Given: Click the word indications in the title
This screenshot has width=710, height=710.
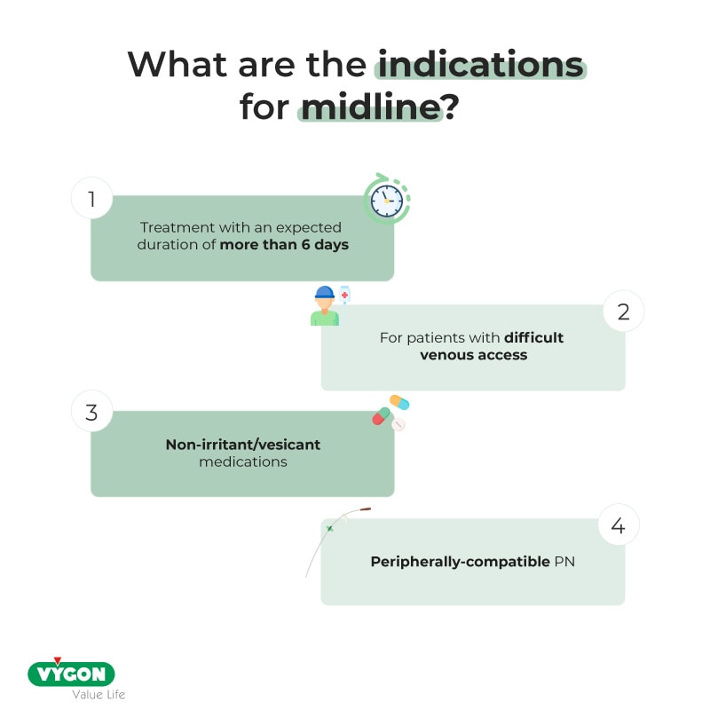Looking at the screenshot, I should [480, 65].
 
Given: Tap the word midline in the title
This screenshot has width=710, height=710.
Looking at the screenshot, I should [370, 106].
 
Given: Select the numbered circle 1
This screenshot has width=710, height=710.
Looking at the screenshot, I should [91, 200].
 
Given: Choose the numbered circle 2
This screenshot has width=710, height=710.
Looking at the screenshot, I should [623, 312].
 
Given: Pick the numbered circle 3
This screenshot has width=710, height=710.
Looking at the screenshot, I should [91, 413].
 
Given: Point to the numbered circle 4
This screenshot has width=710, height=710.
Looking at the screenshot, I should [619, 526].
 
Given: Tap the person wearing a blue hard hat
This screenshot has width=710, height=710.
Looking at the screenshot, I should [325, 306].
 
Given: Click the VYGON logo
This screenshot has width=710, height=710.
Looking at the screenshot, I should [71, 674].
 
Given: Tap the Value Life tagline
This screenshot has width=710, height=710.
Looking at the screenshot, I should [98, 694].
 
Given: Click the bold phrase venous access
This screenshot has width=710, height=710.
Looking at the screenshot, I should [487, 355].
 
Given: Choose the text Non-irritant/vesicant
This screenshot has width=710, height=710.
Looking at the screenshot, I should [242, 445].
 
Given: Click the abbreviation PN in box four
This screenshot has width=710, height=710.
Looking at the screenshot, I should [564, 562].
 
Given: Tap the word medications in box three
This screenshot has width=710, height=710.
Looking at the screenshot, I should [242, 461].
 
